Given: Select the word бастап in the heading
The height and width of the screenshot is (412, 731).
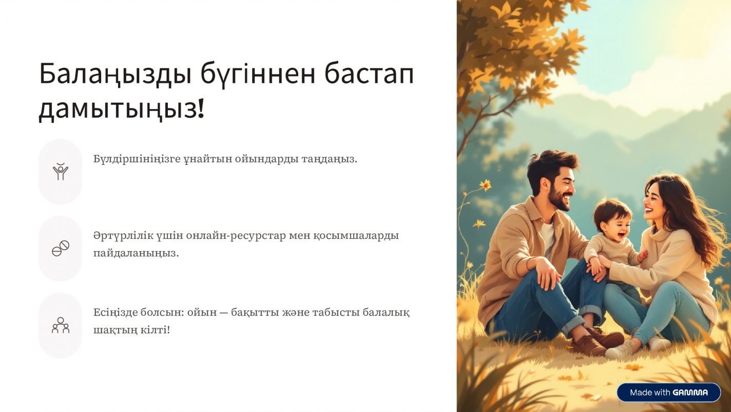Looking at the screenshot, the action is point(369,74).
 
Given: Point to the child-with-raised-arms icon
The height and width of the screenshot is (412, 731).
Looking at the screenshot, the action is point(61,172).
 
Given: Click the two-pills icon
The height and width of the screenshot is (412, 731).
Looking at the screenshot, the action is point(61,249).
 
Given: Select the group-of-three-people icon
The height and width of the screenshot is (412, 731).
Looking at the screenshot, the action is point(61,325).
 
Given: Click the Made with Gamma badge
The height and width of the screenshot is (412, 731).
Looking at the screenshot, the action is point(669,392).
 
